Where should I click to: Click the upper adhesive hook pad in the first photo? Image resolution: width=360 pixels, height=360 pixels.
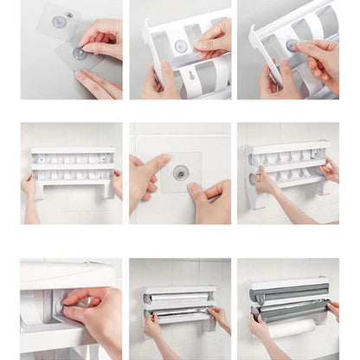(59, 22)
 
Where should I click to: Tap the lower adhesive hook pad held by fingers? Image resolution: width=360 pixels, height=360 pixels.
(80, 55)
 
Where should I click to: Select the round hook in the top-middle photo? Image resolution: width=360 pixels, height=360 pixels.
(181, 46)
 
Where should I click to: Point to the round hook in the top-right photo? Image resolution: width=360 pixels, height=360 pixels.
(292, 46)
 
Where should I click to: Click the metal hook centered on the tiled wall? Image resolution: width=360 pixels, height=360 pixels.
(180, 172)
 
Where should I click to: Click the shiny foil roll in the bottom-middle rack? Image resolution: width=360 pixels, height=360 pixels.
(180, 310)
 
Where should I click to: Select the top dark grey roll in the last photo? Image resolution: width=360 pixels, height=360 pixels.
(288, 294)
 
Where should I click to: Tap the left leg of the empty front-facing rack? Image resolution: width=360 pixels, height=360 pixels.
(38, 190)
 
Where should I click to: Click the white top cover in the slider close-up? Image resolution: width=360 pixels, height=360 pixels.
(65, 274)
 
